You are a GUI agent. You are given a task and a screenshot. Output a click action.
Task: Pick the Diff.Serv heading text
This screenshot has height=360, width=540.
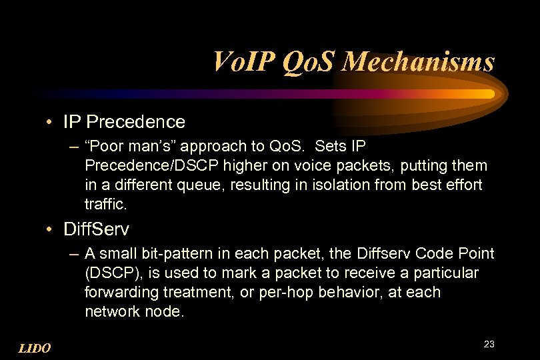point(96,230)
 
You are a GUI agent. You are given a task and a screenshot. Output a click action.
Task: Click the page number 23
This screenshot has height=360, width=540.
point(489,344)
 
